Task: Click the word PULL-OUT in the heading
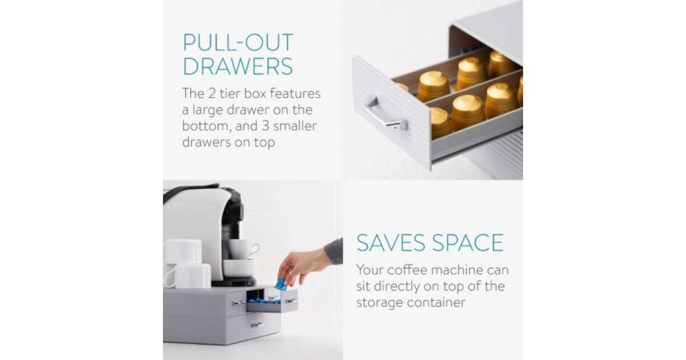click(x=238, y=42)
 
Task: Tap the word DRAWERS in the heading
click(x=238, y=66)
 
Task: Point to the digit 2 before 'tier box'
click(x=212, y=94)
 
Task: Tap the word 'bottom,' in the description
click(x=207, y=126)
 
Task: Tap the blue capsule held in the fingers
click(x=281, y=284)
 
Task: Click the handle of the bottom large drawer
click(x=257, y=325)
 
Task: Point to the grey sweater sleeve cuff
click(x=334, y=251)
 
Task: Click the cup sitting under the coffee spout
click(x=239, y=267)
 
